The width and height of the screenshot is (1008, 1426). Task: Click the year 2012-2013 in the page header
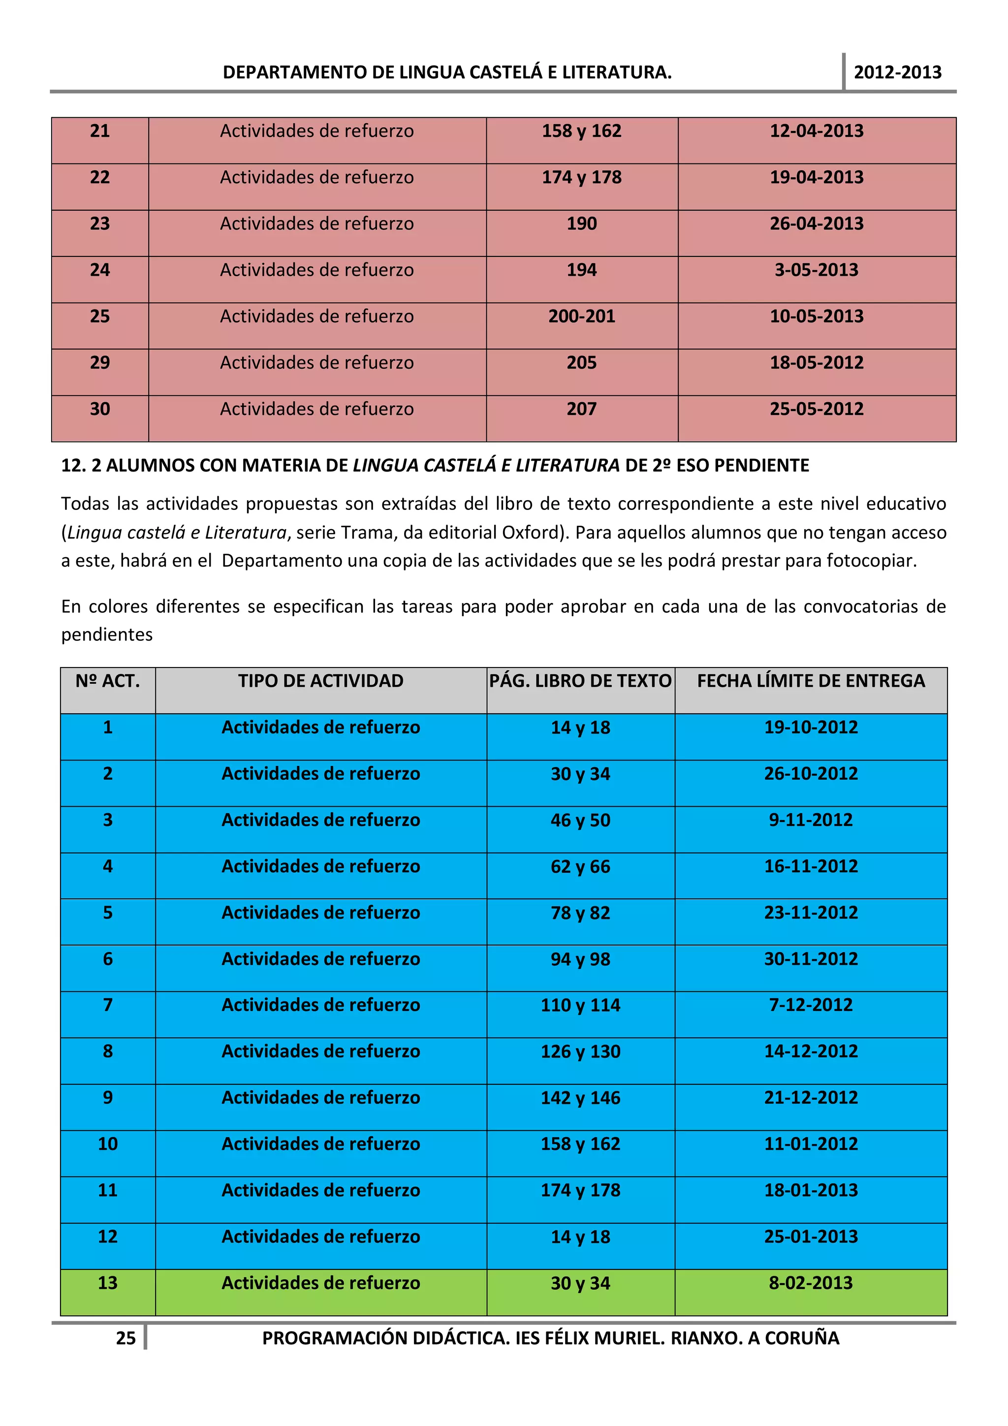897,73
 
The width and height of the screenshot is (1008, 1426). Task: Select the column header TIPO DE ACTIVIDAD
320,681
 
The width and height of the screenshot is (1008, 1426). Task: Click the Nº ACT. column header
107,681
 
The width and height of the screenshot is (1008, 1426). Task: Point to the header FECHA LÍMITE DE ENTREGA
811,681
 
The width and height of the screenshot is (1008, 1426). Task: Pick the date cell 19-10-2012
811,728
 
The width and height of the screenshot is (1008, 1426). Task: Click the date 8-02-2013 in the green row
811,1283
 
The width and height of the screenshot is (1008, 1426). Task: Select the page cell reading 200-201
581,316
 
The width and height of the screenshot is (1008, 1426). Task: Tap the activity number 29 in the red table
100,363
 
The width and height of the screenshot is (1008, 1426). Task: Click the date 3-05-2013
816,270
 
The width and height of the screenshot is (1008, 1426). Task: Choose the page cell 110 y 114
580,1005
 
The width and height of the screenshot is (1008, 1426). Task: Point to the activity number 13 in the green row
107,1283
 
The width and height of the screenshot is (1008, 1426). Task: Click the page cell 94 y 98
580,959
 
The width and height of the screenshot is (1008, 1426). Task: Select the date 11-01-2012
811,1143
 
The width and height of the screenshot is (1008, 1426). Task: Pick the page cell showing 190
581,223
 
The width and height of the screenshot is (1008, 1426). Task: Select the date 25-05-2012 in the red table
816,409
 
